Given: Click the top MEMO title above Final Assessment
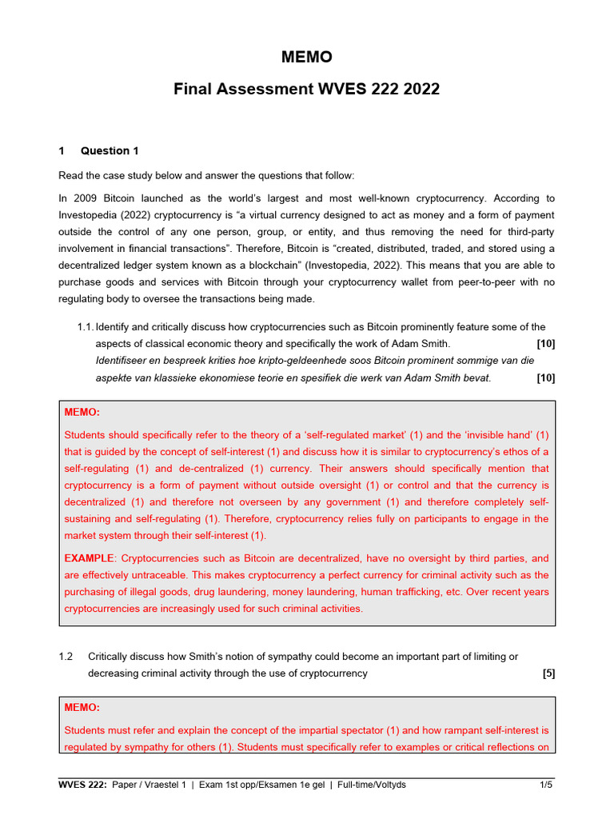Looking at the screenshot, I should point(306,58).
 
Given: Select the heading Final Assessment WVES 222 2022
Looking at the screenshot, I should point(306,89).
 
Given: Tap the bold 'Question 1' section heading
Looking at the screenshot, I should point(110,150).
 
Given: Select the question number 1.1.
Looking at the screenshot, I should point(86,326).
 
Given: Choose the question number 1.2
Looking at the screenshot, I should point(66,657).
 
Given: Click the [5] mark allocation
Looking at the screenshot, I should point(548,673).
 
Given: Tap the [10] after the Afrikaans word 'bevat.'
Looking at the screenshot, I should point(546,378).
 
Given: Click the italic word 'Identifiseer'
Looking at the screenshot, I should point(124,361).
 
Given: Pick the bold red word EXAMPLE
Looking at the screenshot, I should point(90,558).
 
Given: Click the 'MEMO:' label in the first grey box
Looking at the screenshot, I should point(82,412).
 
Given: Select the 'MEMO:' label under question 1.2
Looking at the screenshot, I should point(82,708).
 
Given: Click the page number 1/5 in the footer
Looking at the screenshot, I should point(546,785).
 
